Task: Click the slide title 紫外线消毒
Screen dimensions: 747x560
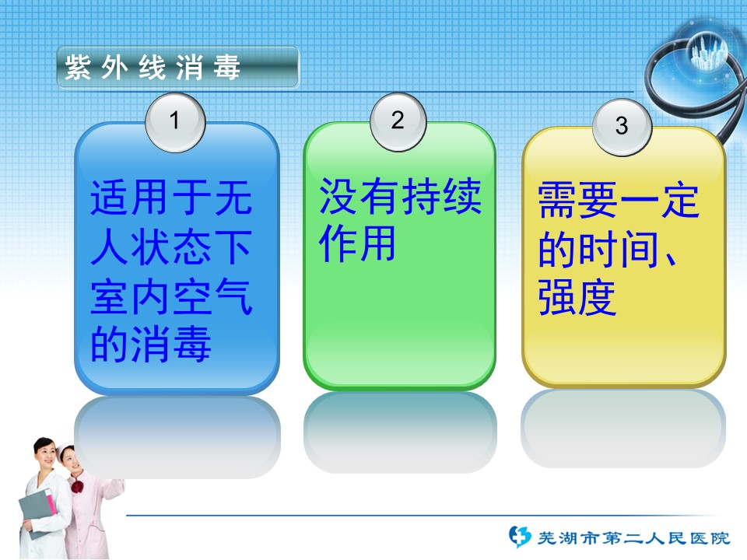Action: [x=152, y=67]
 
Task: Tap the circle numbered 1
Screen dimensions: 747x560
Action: [x=175, y=122]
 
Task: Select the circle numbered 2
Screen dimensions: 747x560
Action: [x=398, y=121]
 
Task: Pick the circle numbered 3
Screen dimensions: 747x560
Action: [x=622, y=127]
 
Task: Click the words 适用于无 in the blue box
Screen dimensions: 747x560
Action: [x=171, y=197]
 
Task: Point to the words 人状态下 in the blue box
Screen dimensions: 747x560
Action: [x=171, y=247]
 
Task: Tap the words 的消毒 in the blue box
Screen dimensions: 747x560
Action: [x=150, y=344]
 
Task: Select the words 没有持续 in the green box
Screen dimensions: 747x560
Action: [x=400, y=196]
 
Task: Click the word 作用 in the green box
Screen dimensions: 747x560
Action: [x=357, y=243]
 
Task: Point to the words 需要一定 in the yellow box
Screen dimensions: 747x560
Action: [x=619, y=200]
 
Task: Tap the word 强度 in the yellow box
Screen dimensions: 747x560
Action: [x=577, y=297]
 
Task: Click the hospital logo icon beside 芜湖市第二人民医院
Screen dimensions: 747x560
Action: [x=519, y=537]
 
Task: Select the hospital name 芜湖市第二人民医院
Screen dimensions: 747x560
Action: [x=633, y=538]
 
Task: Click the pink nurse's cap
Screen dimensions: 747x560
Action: [x=65, y=449]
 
